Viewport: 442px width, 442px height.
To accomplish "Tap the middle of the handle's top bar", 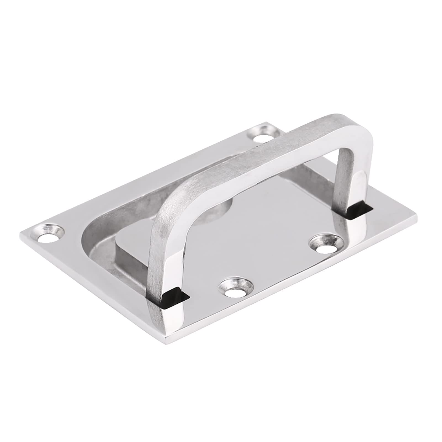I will pos(265,155).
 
